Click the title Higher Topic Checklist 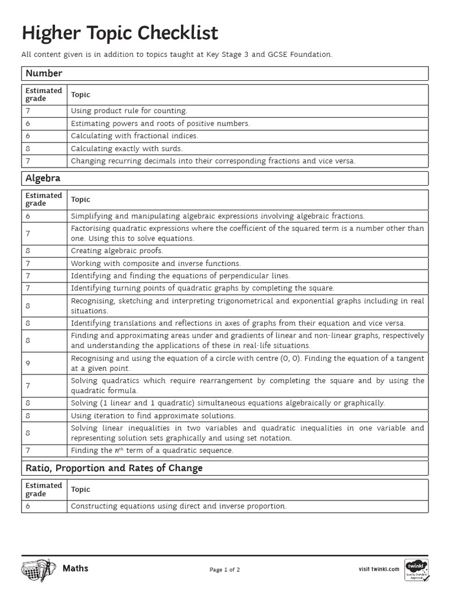120,33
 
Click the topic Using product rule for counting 129,110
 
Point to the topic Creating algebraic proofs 117,251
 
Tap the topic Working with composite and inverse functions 155,264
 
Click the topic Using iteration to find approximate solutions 153,415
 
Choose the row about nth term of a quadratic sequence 152,451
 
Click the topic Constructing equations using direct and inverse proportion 178,506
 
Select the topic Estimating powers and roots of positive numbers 160,123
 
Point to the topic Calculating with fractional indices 134,135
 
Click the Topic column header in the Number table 81,94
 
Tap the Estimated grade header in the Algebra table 43,199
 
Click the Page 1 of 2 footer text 224,569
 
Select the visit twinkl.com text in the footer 379,568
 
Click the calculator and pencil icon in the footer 38,569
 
